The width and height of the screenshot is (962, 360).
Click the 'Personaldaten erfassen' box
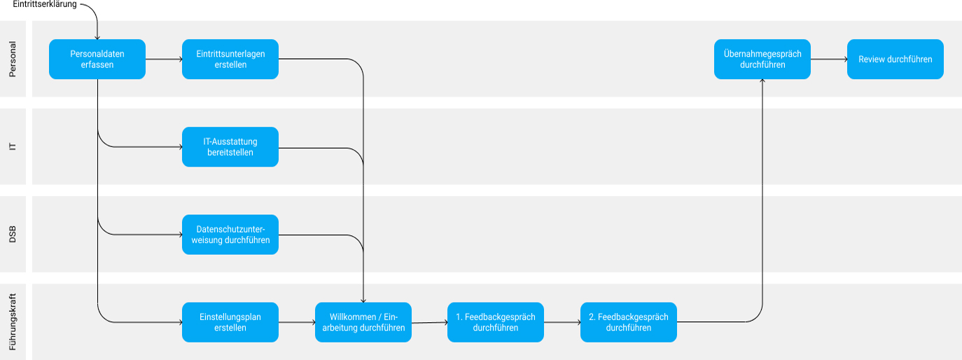(97, 59)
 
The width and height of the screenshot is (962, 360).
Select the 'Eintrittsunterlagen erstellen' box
(230, 59)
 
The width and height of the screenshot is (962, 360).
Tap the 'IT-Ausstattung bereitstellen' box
(230, 147)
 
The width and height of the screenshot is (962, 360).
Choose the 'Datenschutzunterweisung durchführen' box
(230, 235)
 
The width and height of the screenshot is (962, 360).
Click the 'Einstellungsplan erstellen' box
(230, 322)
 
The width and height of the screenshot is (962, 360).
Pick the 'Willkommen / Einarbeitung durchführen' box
(363, 322)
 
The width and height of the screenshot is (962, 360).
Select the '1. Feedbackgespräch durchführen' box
(496, 322)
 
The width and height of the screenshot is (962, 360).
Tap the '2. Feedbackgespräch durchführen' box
(629, 322)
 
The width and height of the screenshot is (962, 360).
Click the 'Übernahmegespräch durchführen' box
(762, 59)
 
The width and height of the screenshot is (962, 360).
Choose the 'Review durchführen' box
(895, 59)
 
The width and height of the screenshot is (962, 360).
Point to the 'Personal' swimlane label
(13, 59)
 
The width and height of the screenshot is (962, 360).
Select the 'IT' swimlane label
(13, 147)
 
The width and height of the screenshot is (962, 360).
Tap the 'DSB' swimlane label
(13, 235)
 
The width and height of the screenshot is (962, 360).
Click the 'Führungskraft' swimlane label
(13, 322)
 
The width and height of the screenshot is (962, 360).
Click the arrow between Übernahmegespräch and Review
(829, 60)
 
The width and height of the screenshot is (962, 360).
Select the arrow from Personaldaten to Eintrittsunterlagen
(164, 60)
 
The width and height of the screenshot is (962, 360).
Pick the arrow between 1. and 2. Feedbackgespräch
(562, 322)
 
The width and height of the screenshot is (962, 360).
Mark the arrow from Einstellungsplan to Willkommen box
(297, 322)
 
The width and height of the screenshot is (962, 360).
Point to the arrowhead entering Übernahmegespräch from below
(762, 82)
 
